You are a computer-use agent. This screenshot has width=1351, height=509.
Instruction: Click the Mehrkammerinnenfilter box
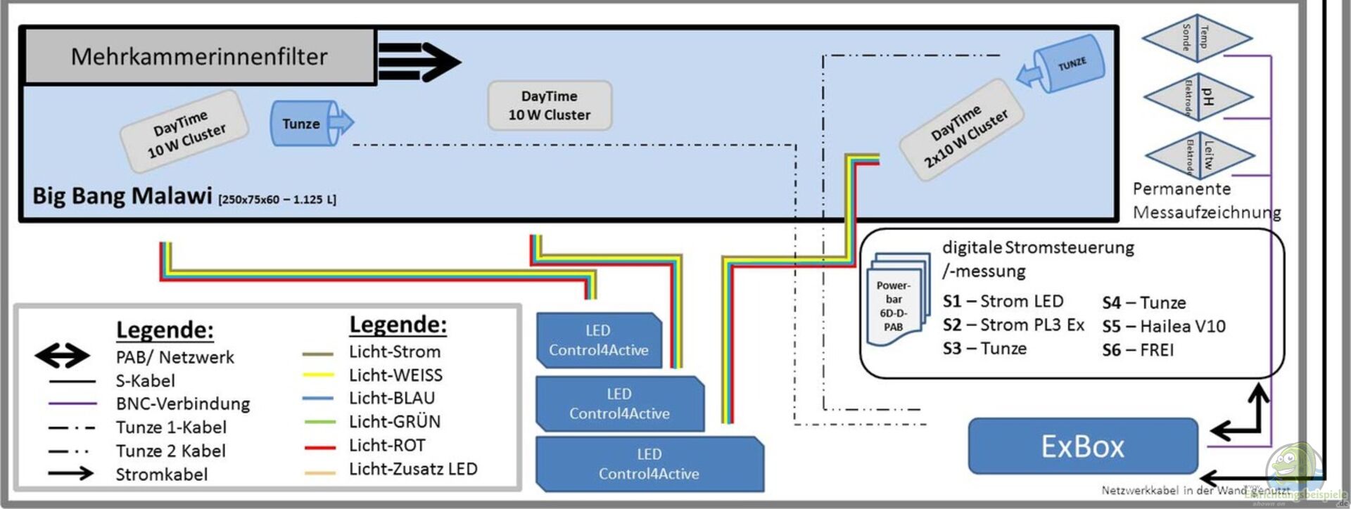[x=199, y=56]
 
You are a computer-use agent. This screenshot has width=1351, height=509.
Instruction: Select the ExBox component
[x=1082, y=446]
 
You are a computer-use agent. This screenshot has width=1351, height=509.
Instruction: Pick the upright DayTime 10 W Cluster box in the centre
[x=550, y=105]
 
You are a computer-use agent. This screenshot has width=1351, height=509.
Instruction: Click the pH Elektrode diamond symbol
[x=1198, y=96]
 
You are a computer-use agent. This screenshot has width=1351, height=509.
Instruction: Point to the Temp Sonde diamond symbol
[x=1196, y=37]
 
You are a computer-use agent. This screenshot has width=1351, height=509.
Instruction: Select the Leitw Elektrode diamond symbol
[x=1199, y=154]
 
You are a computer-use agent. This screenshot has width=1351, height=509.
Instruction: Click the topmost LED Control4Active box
[x=599, y=340]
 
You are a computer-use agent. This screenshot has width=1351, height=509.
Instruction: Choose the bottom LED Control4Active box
[x=649, y=464]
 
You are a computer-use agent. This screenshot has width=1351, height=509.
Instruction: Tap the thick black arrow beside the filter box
[x=419, y=61]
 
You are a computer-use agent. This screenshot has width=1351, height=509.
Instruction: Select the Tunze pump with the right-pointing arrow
[x=310, y=124]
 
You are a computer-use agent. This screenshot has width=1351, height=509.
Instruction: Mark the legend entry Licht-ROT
[x=387, y=446]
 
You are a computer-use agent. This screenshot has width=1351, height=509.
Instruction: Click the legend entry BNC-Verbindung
[x=182, y=404]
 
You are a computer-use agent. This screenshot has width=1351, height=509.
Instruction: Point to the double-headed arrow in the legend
[x=62, y=356]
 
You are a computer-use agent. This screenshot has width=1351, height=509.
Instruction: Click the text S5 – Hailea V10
[x=1163, y=326]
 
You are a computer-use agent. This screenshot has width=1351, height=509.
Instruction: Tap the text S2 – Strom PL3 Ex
[x=1013, y=325]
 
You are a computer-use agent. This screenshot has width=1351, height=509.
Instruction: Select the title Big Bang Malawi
[x=122, y=195]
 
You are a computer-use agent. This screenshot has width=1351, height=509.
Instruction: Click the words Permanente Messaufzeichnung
[x=1206, y=200]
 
